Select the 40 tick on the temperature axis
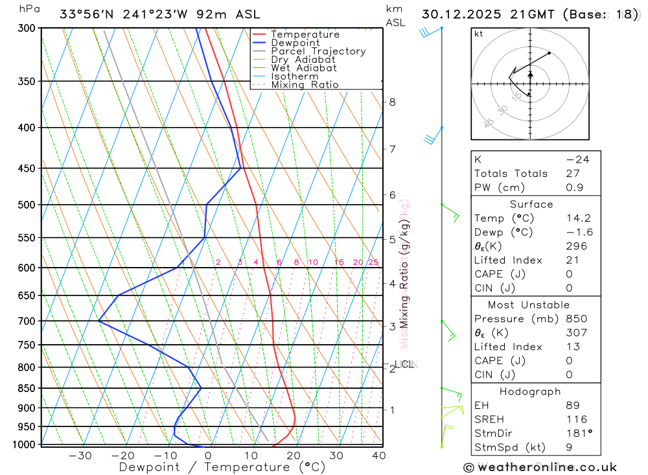pyautogui.click(x=379, y=456)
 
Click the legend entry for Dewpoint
pyautogui.click(x=295, y=43)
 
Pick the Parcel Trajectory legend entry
pyautogui.click(x=318, y=51)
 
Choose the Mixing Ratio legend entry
pyautogui.click(x=305, y=84)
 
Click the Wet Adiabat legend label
pyautogui.click(x=304, y=67)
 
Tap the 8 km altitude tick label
pyautogui.click(x=392, y=102)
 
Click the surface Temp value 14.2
pyautogui.click(x=578, y=218)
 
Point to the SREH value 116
pyautogui.click(x=576, y=419)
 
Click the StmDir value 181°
pyautogui.click(x=576, y=434)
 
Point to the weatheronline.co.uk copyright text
pyautogui.click(x=540, y=467)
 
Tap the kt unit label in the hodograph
pyautogui.click(x=479, y=34)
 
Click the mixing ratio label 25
pyautogui.click(x=373, y=262)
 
